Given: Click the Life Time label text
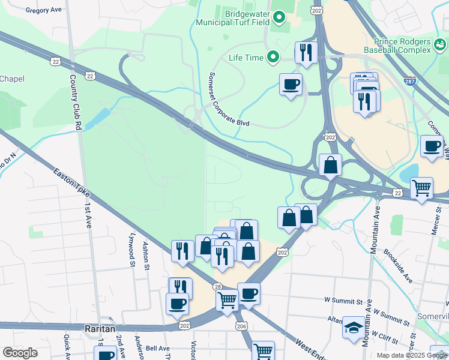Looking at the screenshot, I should [x=246, y=58].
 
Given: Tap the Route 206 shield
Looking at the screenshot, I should [x=241, y=326].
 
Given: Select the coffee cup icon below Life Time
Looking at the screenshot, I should [x=291, y=83].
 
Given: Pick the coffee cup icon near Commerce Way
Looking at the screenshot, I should [x=432, y=146].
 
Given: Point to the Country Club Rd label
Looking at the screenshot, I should [x=75, y=104].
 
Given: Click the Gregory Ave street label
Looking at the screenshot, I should [x=44, y=10].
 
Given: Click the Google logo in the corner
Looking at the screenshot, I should [x=20, y=353].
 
